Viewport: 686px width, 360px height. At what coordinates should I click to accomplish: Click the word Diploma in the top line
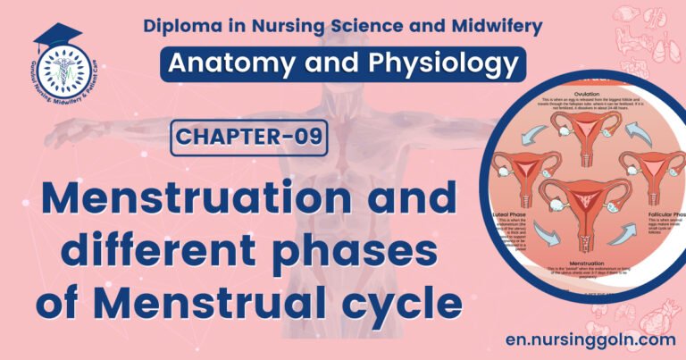(182, 26)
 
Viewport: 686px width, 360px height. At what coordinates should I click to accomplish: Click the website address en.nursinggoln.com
(579, 339)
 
